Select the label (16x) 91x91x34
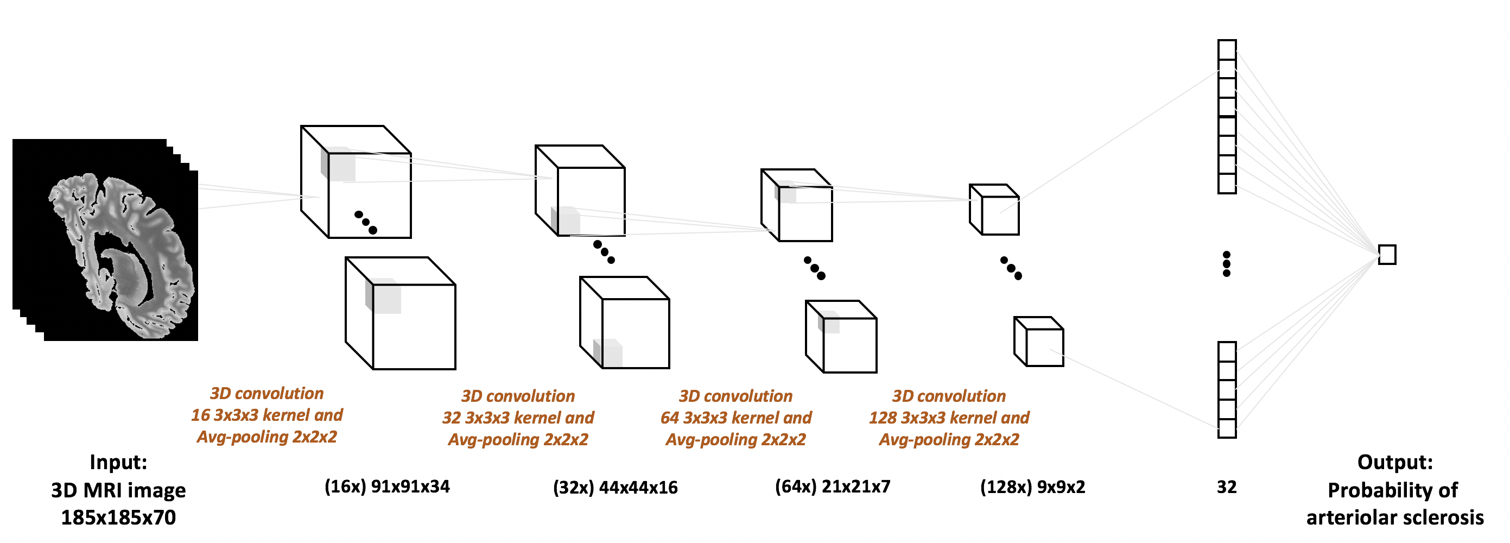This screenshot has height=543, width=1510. point(387,487)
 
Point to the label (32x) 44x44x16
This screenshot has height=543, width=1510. point(615,487)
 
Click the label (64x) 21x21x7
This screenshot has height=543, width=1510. point(833,487)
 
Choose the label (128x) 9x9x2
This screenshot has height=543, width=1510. point(1032,487)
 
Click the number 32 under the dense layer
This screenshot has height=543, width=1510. point(1226,487)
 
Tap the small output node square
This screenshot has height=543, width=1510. point(1387,255)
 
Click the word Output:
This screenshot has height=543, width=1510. point(1394,462)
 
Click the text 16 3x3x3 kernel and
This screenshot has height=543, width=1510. point(267,415)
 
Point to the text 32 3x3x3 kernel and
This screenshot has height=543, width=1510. point(518,418)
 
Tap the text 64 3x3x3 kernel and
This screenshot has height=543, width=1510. point(735,418)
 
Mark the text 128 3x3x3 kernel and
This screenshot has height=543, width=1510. point(948,418)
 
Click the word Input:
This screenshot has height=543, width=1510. point(118,462)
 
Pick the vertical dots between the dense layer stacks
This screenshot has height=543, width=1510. point(1226,264)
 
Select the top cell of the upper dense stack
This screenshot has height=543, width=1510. point(1227,49)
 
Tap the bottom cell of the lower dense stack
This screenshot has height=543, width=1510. point(1227,428)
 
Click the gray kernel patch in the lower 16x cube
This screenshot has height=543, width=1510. point(383,296)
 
